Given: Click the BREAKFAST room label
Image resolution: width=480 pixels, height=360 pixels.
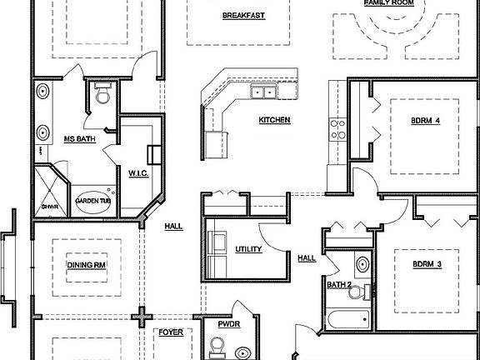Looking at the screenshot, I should click(x=243, y=16).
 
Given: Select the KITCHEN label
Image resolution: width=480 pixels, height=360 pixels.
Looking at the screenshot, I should click(x=274, y=120).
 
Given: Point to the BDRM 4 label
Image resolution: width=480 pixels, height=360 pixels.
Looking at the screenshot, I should click(x=425, y=120).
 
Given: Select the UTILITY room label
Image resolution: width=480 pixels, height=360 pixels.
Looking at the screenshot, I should click(x=249, y=249).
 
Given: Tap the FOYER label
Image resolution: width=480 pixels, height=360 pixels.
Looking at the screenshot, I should click(x=172, y=332).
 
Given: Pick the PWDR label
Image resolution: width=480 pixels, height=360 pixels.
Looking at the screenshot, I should click(x=228, y=325).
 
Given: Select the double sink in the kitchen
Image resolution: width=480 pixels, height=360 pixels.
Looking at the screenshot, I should click(x=265, y=92).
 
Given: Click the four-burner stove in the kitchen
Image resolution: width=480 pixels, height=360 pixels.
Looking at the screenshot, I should click(x=338, y=129).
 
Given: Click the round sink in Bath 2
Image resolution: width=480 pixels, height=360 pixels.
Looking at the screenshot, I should click(x=364, y=265).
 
